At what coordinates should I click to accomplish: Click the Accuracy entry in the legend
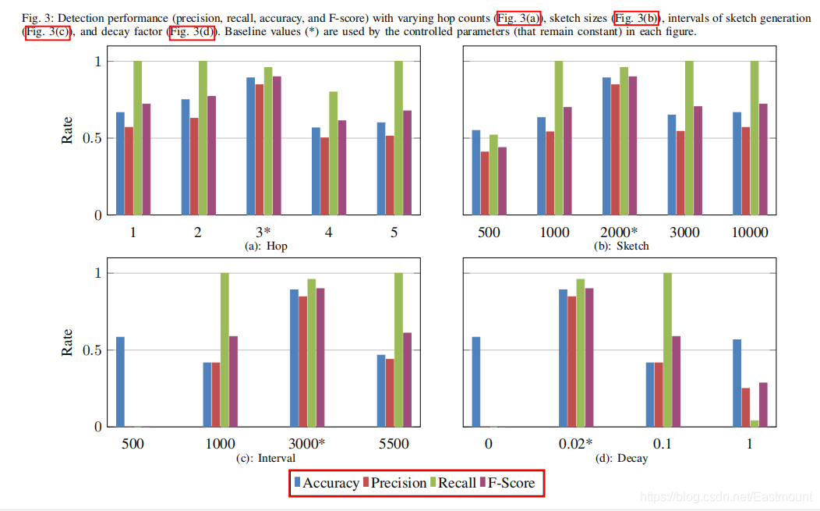326,483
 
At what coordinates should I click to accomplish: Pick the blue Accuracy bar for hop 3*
251,147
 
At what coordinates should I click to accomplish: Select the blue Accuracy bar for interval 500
120,382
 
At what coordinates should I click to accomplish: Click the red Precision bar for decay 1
746,408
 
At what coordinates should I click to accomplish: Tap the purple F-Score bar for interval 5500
407,380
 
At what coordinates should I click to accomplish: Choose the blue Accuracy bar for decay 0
476,382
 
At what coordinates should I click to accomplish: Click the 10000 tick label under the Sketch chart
749,232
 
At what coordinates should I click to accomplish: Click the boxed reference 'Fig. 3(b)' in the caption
637,18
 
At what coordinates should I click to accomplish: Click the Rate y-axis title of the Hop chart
68,131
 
